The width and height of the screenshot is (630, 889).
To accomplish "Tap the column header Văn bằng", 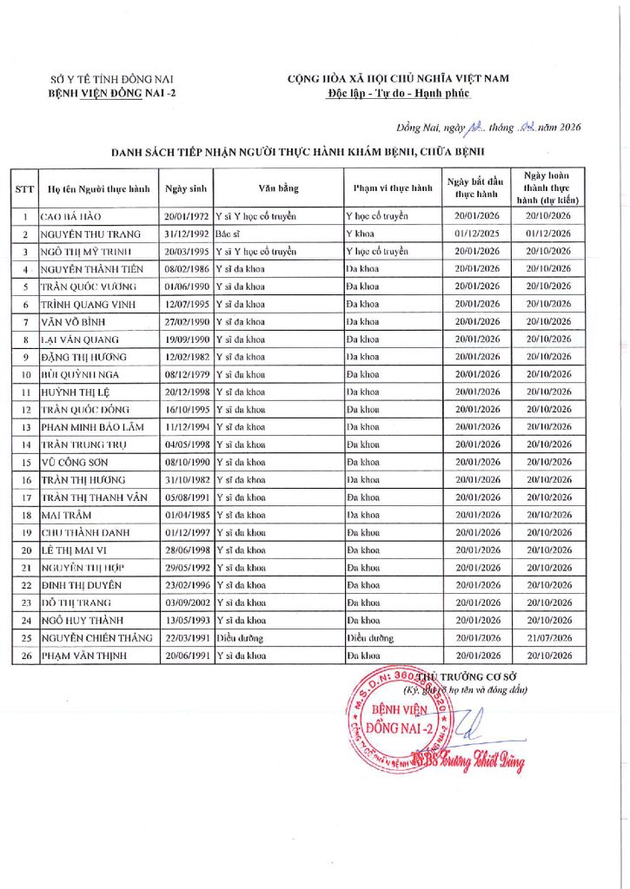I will point(278,188).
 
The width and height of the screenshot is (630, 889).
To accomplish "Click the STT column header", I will point(24,188).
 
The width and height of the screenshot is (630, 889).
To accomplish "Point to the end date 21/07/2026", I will point(547,637).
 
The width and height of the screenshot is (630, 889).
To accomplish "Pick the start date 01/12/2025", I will point(477,234).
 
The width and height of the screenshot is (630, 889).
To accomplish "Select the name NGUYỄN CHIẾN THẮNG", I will point(93,637).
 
